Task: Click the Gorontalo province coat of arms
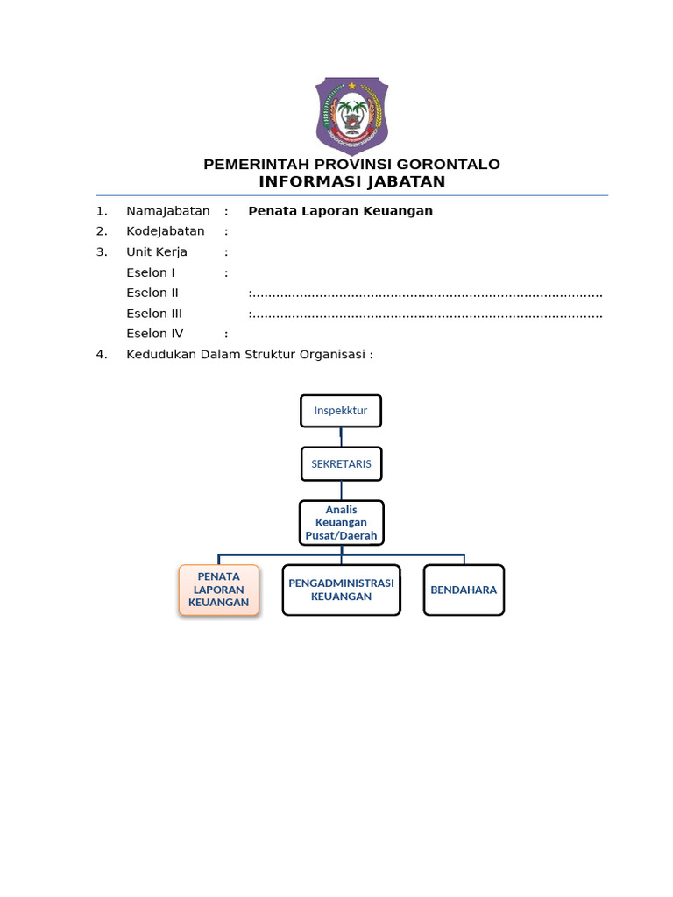(352, 117)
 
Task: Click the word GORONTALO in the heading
(448, 165)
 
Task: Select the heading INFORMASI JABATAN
(352, 182)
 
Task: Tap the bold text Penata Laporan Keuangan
(341, 211)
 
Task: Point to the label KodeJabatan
(166, 231)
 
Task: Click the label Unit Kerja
(157, 252)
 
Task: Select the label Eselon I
(151, 272)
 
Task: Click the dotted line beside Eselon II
(426, 295)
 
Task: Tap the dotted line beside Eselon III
(426, 315)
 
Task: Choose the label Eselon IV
(155, 334)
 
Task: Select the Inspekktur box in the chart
(341, 411)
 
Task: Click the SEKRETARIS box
(342, 464)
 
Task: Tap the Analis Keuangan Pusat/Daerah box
(342, 523)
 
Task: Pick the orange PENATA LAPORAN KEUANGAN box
(218, 590)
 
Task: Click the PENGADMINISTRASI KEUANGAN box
(342, 590)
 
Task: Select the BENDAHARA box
(464, 590)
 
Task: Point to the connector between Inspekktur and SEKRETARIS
(341, 438)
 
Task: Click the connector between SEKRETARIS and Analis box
(342, 491)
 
